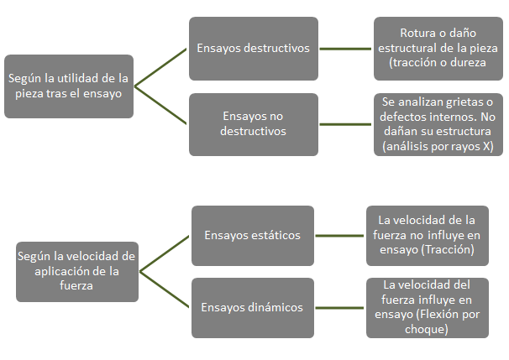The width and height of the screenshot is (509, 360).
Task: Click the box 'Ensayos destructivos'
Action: (x=253, y=48)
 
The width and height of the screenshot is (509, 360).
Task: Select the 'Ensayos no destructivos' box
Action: (x=253, y=124)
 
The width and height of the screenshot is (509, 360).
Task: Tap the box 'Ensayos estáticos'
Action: (x=252, y=236)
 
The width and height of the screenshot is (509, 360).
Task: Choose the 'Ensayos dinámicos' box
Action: (x=252, y=307)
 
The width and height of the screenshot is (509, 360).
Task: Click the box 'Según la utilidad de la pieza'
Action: (x=68, y=86)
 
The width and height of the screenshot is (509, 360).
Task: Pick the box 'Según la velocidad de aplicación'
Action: (x=76, y=270)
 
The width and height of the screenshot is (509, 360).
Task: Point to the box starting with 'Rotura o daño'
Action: (x=438, y=48)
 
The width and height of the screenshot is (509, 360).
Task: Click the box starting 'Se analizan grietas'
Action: (x=438, y=123)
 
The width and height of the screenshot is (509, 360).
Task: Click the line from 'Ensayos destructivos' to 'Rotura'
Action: (x=346, y=48)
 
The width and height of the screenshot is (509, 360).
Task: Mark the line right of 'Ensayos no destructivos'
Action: (x=346, y=124)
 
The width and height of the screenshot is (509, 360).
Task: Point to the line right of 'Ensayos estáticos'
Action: (x=339, y=236)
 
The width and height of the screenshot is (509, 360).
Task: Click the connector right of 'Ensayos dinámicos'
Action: (x=339, y=307)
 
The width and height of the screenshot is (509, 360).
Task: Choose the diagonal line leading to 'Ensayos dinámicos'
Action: (x=165, y=290)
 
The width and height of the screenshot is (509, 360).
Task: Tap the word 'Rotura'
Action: (x=419, y=34)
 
